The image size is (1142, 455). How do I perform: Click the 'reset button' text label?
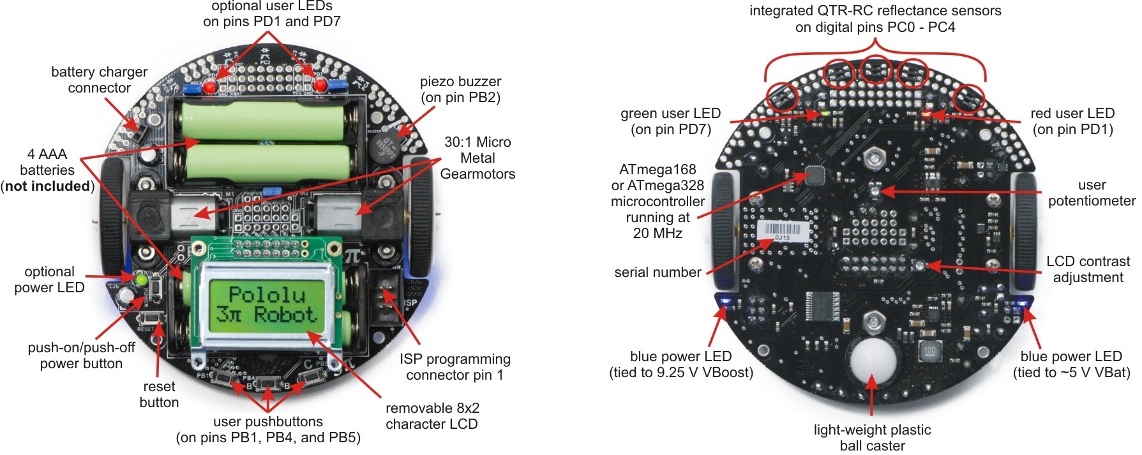pos(159,394)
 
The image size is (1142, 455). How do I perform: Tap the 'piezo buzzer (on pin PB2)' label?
pos(460,89)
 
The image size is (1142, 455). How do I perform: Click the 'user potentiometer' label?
pos(1092,193)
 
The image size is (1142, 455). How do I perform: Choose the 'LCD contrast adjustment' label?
pos(1088,269)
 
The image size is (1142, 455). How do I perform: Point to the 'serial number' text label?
pos(657,272)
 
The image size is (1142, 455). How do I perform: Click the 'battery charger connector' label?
pos(99,80)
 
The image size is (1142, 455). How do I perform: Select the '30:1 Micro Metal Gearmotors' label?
pos(477,158)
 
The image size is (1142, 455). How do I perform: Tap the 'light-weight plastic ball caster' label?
pos(872,438)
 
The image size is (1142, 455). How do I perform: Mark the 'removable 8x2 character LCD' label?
pos(432,416)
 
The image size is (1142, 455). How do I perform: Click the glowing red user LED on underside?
pos(926,114)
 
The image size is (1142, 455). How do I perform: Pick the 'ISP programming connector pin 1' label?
pos(455,367)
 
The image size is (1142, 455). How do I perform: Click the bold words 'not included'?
pos(48,186)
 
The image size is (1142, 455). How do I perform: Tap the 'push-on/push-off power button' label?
pos(81,355)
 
